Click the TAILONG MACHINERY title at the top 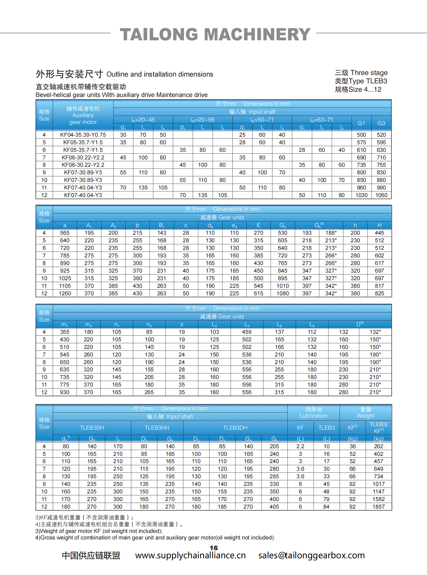[x=215, y=34]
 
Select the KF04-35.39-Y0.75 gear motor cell [x=83, y=135]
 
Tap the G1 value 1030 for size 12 [x=361, y=195]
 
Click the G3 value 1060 [x=381, y=195]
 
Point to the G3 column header [x=381, y=123]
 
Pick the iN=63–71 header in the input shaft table [x=322, y=120]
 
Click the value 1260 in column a [x=65, y=294]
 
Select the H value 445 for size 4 [x=379, y=233]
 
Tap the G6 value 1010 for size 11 [x=283, y=286]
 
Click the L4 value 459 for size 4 [x=247, y=332]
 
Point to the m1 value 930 [x=65, y=392]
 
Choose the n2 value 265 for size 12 [x=149, y=392]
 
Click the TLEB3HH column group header [x=157, y=428]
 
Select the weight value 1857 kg [x=379, y=507]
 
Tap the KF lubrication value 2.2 [x=300, y=446]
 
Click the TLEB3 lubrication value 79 [x=326, y=499]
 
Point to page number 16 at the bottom [x=214, y=548]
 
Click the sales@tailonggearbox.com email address [x=311, y=555]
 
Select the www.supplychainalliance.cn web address [x=190, y=555]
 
